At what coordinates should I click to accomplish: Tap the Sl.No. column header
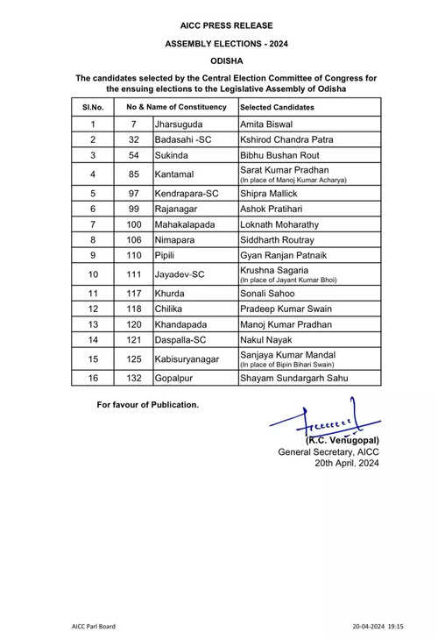[93, 107]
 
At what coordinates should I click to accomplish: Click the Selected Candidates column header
[277, 107]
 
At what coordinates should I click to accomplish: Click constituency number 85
[135, 173]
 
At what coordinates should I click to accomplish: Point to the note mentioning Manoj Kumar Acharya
[293, 180]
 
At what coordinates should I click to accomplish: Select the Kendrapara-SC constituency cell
[187, 193]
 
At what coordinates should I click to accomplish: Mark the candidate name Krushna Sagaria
[275, 272]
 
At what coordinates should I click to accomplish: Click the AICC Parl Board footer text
[93, 626]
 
